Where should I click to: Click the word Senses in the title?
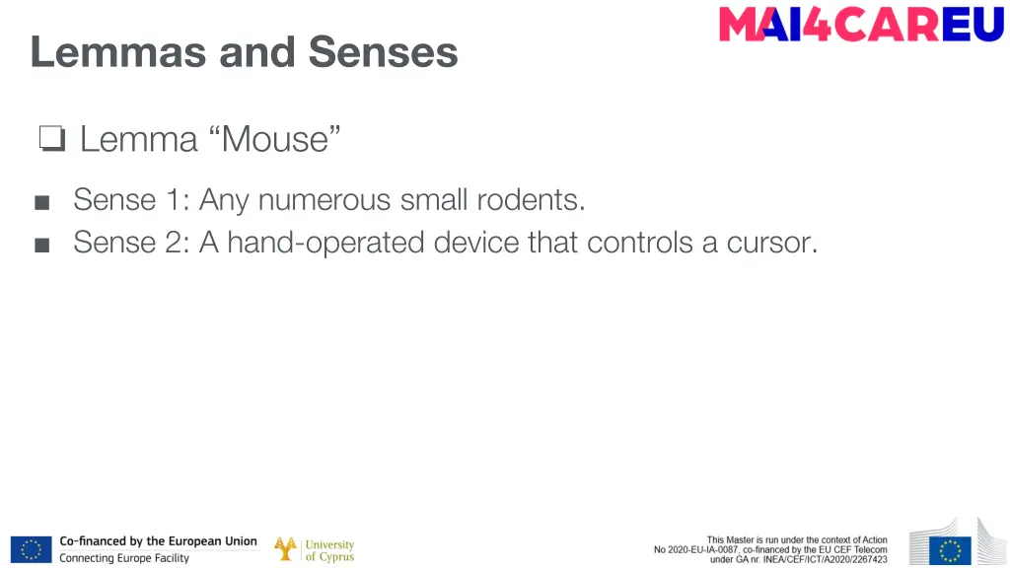383,51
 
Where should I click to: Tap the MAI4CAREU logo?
861,25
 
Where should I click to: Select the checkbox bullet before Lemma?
51,140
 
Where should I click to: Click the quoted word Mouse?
275,139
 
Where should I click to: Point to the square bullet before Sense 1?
41,202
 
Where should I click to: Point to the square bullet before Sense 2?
41,244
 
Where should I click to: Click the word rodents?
531,200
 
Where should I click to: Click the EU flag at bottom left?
31,549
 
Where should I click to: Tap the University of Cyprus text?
329,550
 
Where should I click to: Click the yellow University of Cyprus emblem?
286,549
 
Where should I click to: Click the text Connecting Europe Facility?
124,558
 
